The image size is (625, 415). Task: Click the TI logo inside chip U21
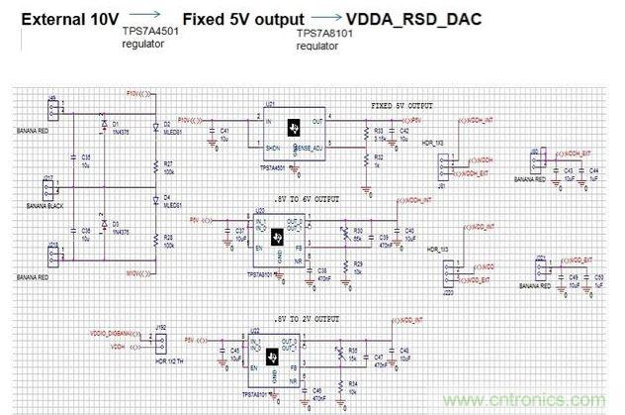pyautogui.click(x=293, y=128)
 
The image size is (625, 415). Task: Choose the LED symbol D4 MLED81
pyautogui.click(x=155, y=204)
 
